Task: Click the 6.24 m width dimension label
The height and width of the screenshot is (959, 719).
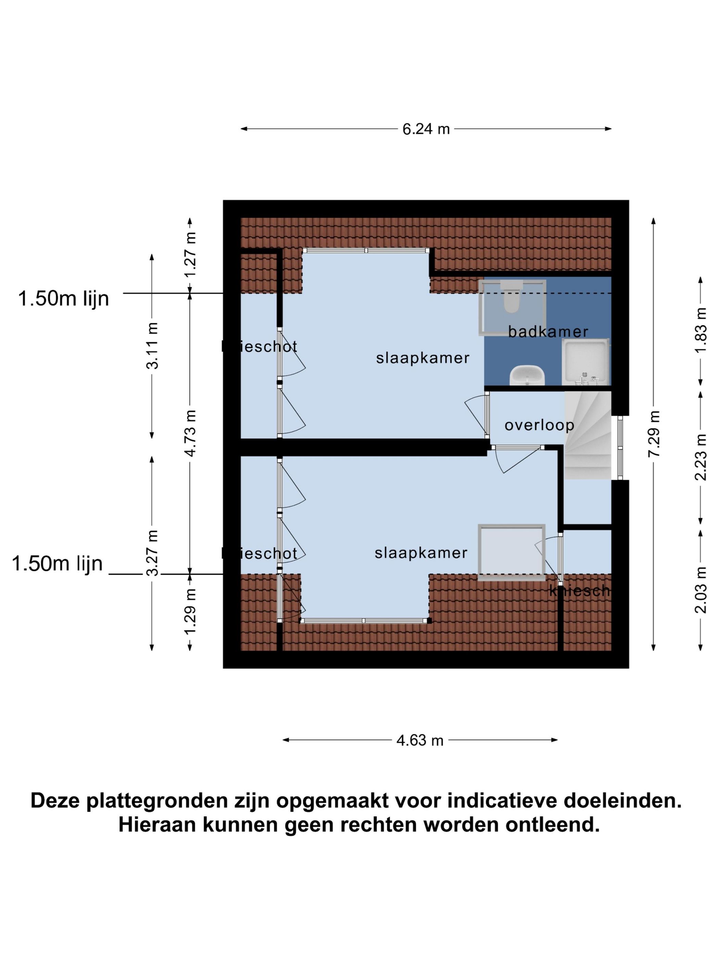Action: pyautogui.click(x=426, y=129)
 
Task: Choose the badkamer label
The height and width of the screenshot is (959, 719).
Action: pyautogui.click(x=548, y=332)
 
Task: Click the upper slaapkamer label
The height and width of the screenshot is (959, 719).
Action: pyautogui.click(x=422, y=358)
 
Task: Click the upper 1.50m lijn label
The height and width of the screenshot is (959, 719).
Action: pyautogui.click(x=63, y=299)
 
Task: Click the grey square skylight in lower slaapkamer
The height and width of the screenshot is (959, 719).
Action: pyautogui.click(x=510, y=552)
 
